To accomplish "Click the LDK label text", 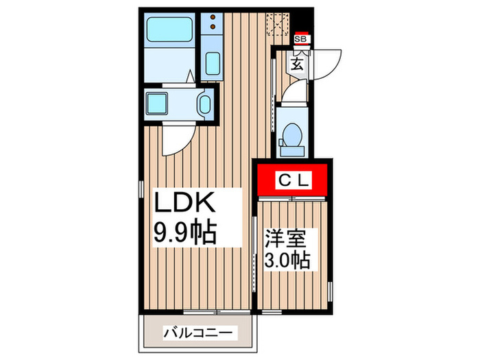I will click(186, 204).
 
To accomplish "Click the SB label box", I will click(300, 39).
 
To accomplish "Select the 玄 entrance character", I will click(297, 64).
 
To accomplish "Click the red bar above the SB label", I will click(300, 32).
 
